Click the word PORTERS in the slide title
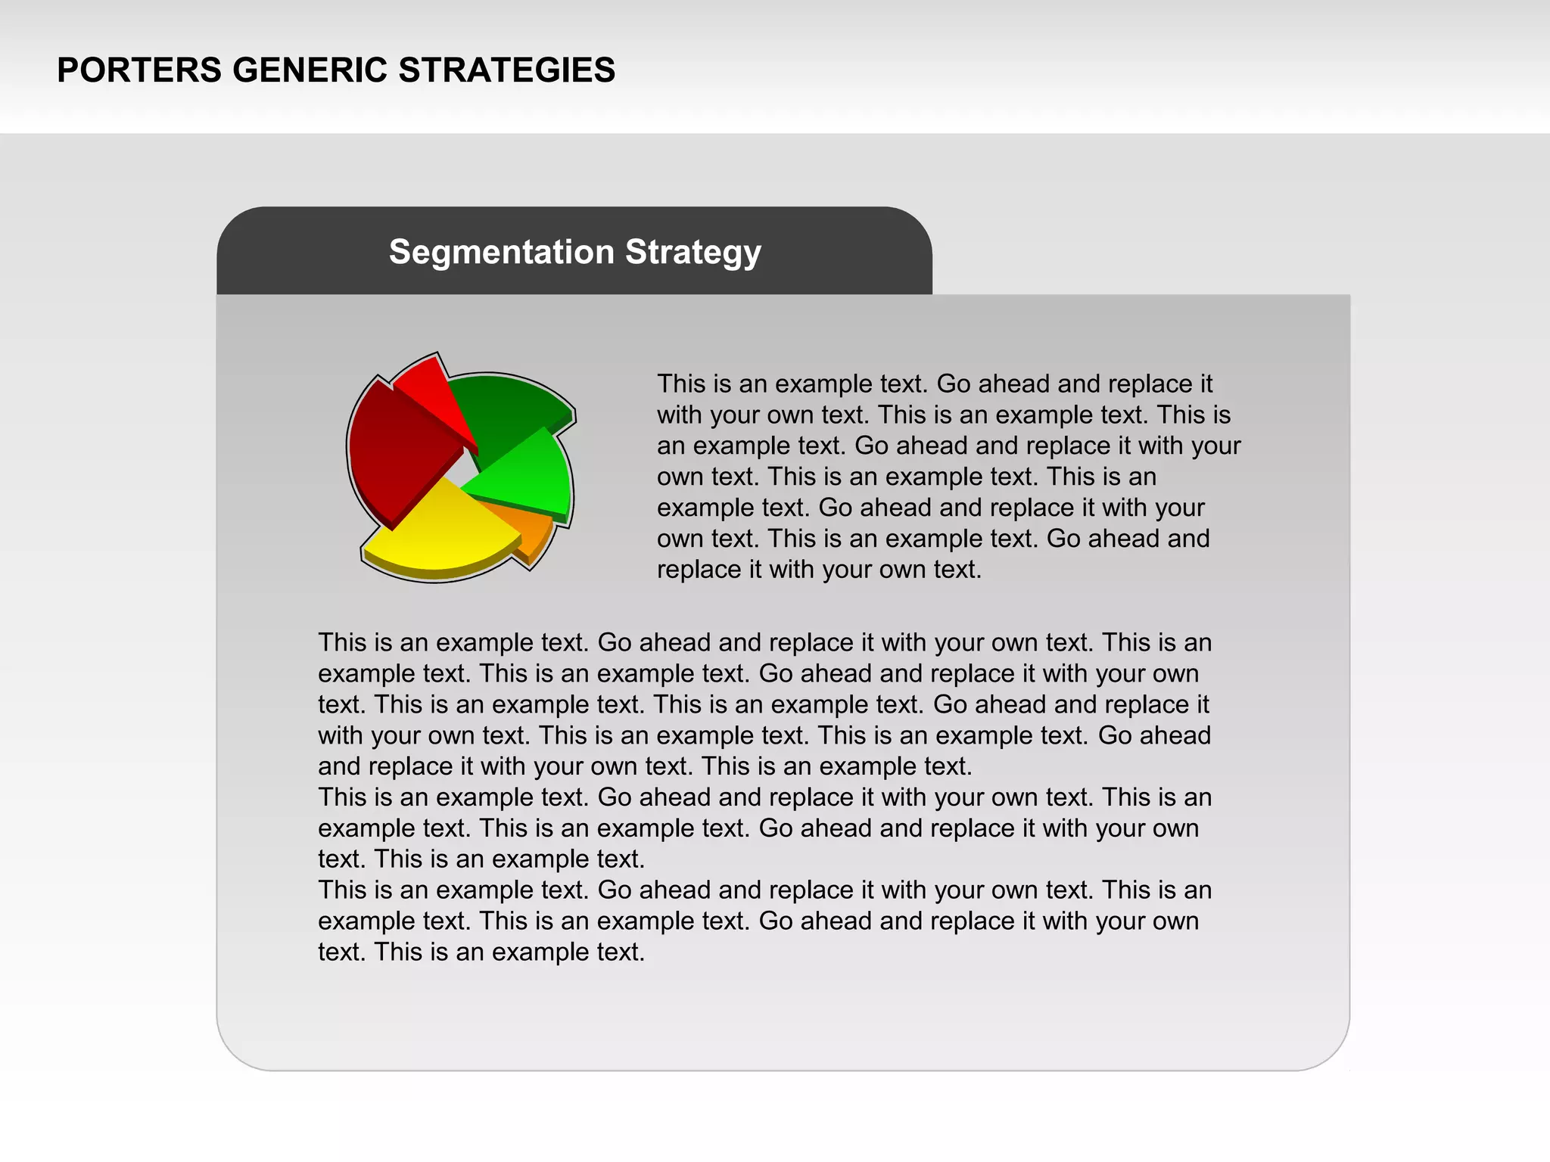click(x=139, y=70)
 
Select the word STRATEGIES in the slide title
click(x=506, y=70)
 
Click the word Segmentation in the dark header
click(x=501, y=252)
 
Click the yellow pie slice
click(x=443, y=530)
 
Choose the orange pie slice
click(x=530, y=526)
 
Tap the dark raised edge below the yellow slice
click(x=435, y=573)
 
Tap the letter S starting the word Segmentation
click(x=400, y=252)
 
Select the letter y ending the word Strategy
click(x=752, y=256)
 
